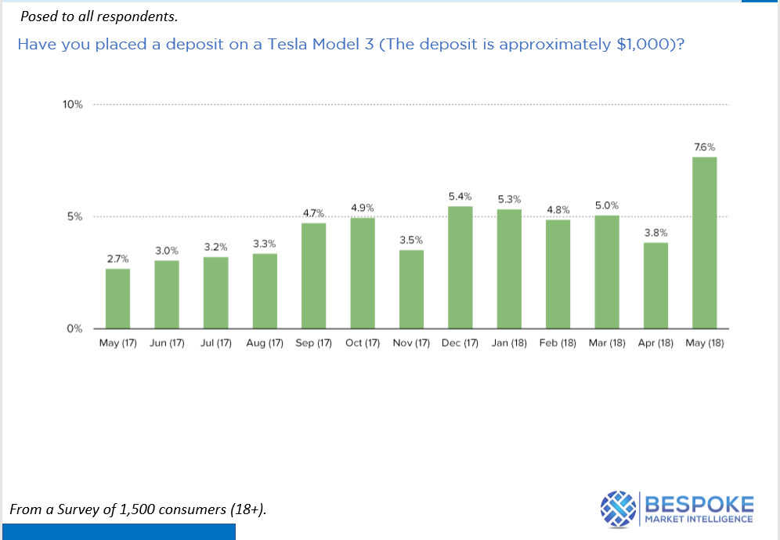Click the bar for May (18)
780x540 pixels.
(704, 243)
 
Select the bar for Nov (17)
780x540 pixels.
(411, 289)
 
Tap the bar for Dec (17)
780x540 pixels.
(460, 267)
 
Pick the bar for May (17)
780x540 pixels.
(117, 299)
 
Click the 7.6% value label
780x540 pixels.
(704, 147)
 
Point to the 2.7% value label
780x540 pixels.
(117, 259)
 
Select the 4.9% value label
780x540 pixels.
(362, 208)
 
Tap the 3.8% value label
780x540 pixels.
(655, 233)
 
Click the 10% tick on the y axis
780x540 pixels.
(73, 105)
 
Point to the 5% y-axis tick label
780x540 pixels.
(75, 217)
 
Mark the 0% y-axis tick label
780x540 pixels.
(75, 329)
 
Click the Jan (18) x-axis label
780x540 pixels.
(508, 344)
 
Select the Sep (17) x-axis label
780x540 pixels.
(313, 344)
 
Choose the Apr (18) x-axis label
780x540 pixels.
(655, 344)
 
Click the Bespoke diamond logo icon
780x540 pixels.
(619, 509)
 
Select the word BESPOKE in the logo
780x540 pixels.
(698, 502)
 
